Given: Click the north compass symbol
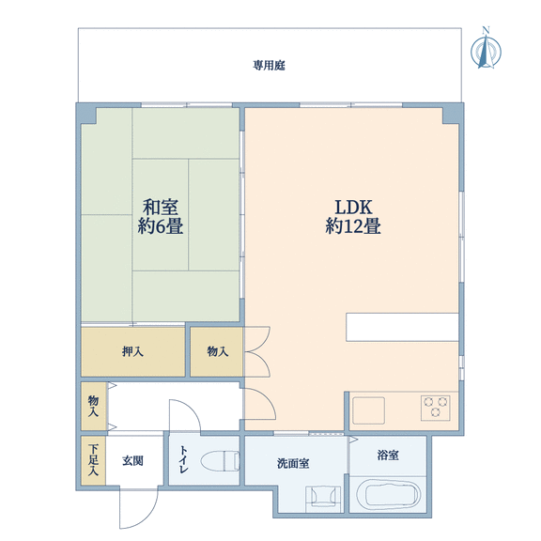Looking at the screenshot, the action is [486, 49].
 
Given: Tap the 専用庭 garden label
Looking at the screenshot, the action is [270, 65].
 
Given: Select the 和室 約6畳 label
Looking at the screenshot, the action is [161, 217].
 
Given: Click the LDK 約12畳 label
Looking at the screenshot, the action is [353, 217].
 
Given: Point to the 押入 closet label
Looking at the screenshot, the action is [132, 351].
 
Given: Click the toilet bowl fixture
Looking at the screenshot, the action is [220, 460].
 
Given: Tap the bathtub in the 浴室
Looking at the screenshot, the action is [388, 494].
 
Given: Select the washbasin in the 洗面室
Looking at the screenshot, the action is [323, 498].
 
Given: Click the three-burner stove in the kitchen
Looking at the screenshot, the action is [436, 408].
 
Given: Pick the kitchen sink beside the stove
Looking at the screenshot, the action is [368, 410].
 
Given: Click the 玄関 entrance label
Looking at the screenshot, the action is [132, 461].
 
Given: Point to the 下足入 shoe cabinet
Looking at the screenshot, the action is [94, 460].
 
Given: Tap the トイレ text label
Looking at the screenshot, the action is [183, 459].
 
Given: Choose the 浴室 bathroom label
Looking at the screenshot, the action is [388, 456].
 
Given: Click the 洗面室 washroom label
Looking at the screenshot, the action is [293, 463].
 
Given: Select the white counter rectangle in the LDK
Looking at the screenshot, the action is [402, 327].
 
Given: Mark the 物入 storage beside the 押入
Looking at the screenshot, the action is [217, 351].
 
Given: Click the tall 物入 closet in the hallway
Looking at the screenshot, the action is [94, 406].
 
